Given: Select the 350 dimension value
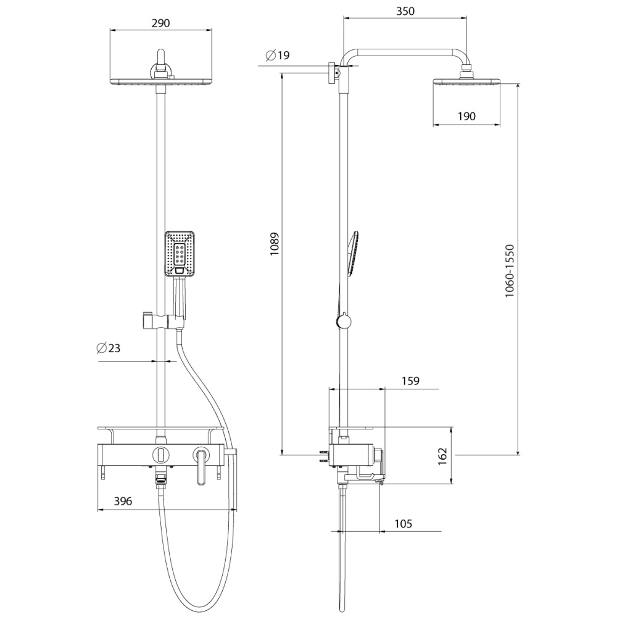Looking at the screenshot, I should [405, 11].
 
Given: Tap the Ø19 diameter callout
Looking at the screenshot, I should [277, 56].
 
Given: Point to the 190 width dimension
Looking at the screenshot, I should [466, 115].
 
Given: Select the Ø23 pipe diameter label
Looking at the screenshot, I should [109, 348].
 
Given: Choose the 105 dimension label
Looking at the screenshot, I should [402, 524].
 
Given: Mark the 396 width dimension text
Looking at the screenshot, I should [123, 502].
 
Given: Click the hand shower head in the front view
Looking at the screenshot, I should [180, 254].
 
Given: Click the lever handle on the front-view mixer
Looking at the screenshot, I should [201, 467].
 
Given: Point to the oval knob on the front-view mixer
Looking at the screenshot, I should [160, 455].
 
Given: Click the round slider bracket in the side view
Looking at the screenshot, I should [343, 321].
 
